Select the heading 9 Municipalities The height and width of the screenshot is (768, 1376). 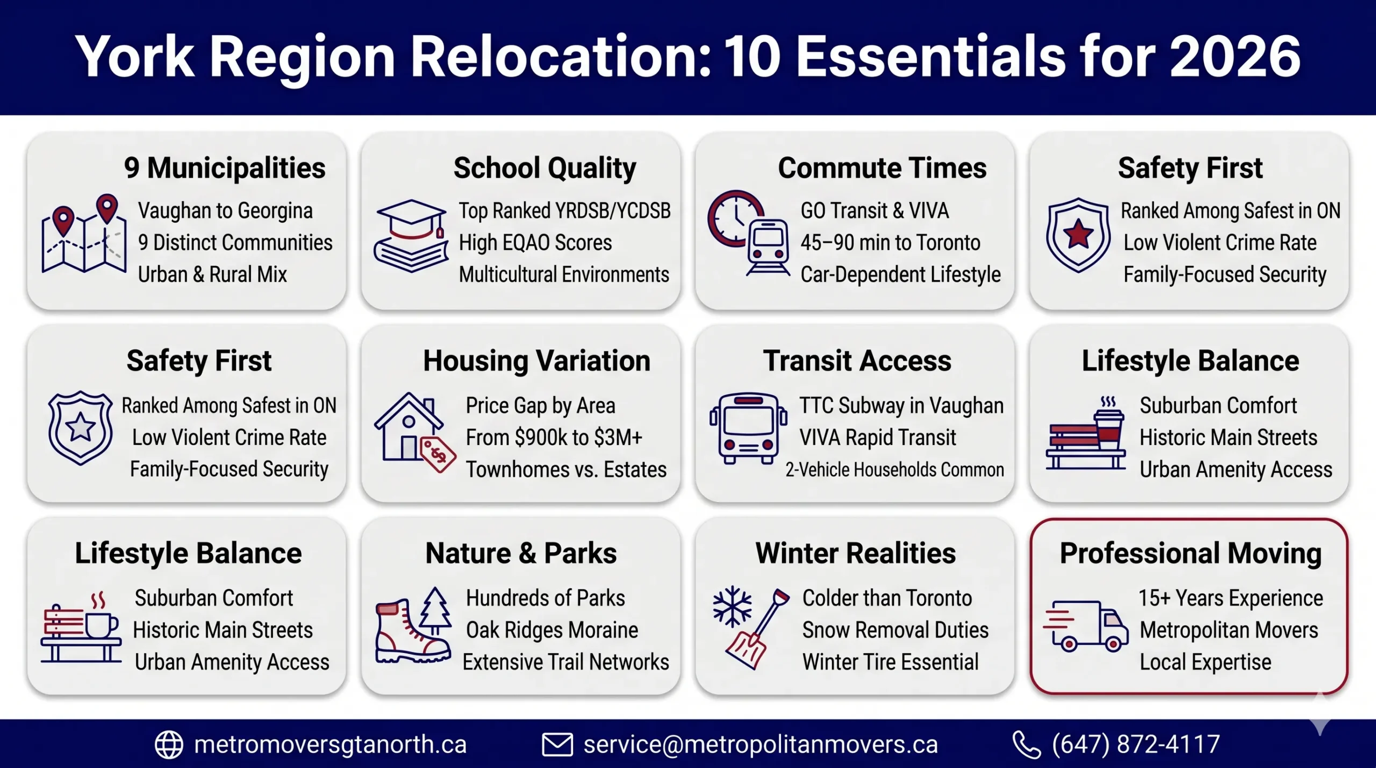click(225, 168)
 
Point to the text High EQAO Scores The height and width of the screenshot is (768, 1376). click(535, 242)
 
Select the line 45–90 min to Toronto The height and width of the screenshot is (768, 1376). click(890, 242)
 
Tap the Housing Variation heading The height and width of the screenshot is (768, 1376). click(536, 361)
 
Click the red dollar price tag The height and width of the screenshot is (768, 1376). click(438, 454)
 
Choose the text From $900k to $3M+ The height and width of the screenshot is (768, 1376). click(554, 437)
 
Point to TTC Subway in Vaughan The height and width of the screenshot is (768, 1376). click(901, 406)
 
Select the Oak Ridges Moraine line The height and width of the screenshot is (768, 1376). click(551, 630)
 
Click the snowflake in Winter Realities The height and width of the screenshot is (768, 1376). click(732, 607)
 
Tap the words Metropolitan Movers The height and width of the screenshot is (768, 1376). click(1229, 630)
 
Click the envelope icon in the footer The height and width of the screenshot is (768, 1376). click(557, 744)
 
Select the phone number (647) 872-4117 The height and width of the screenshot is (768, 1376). click(1135, 744)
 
